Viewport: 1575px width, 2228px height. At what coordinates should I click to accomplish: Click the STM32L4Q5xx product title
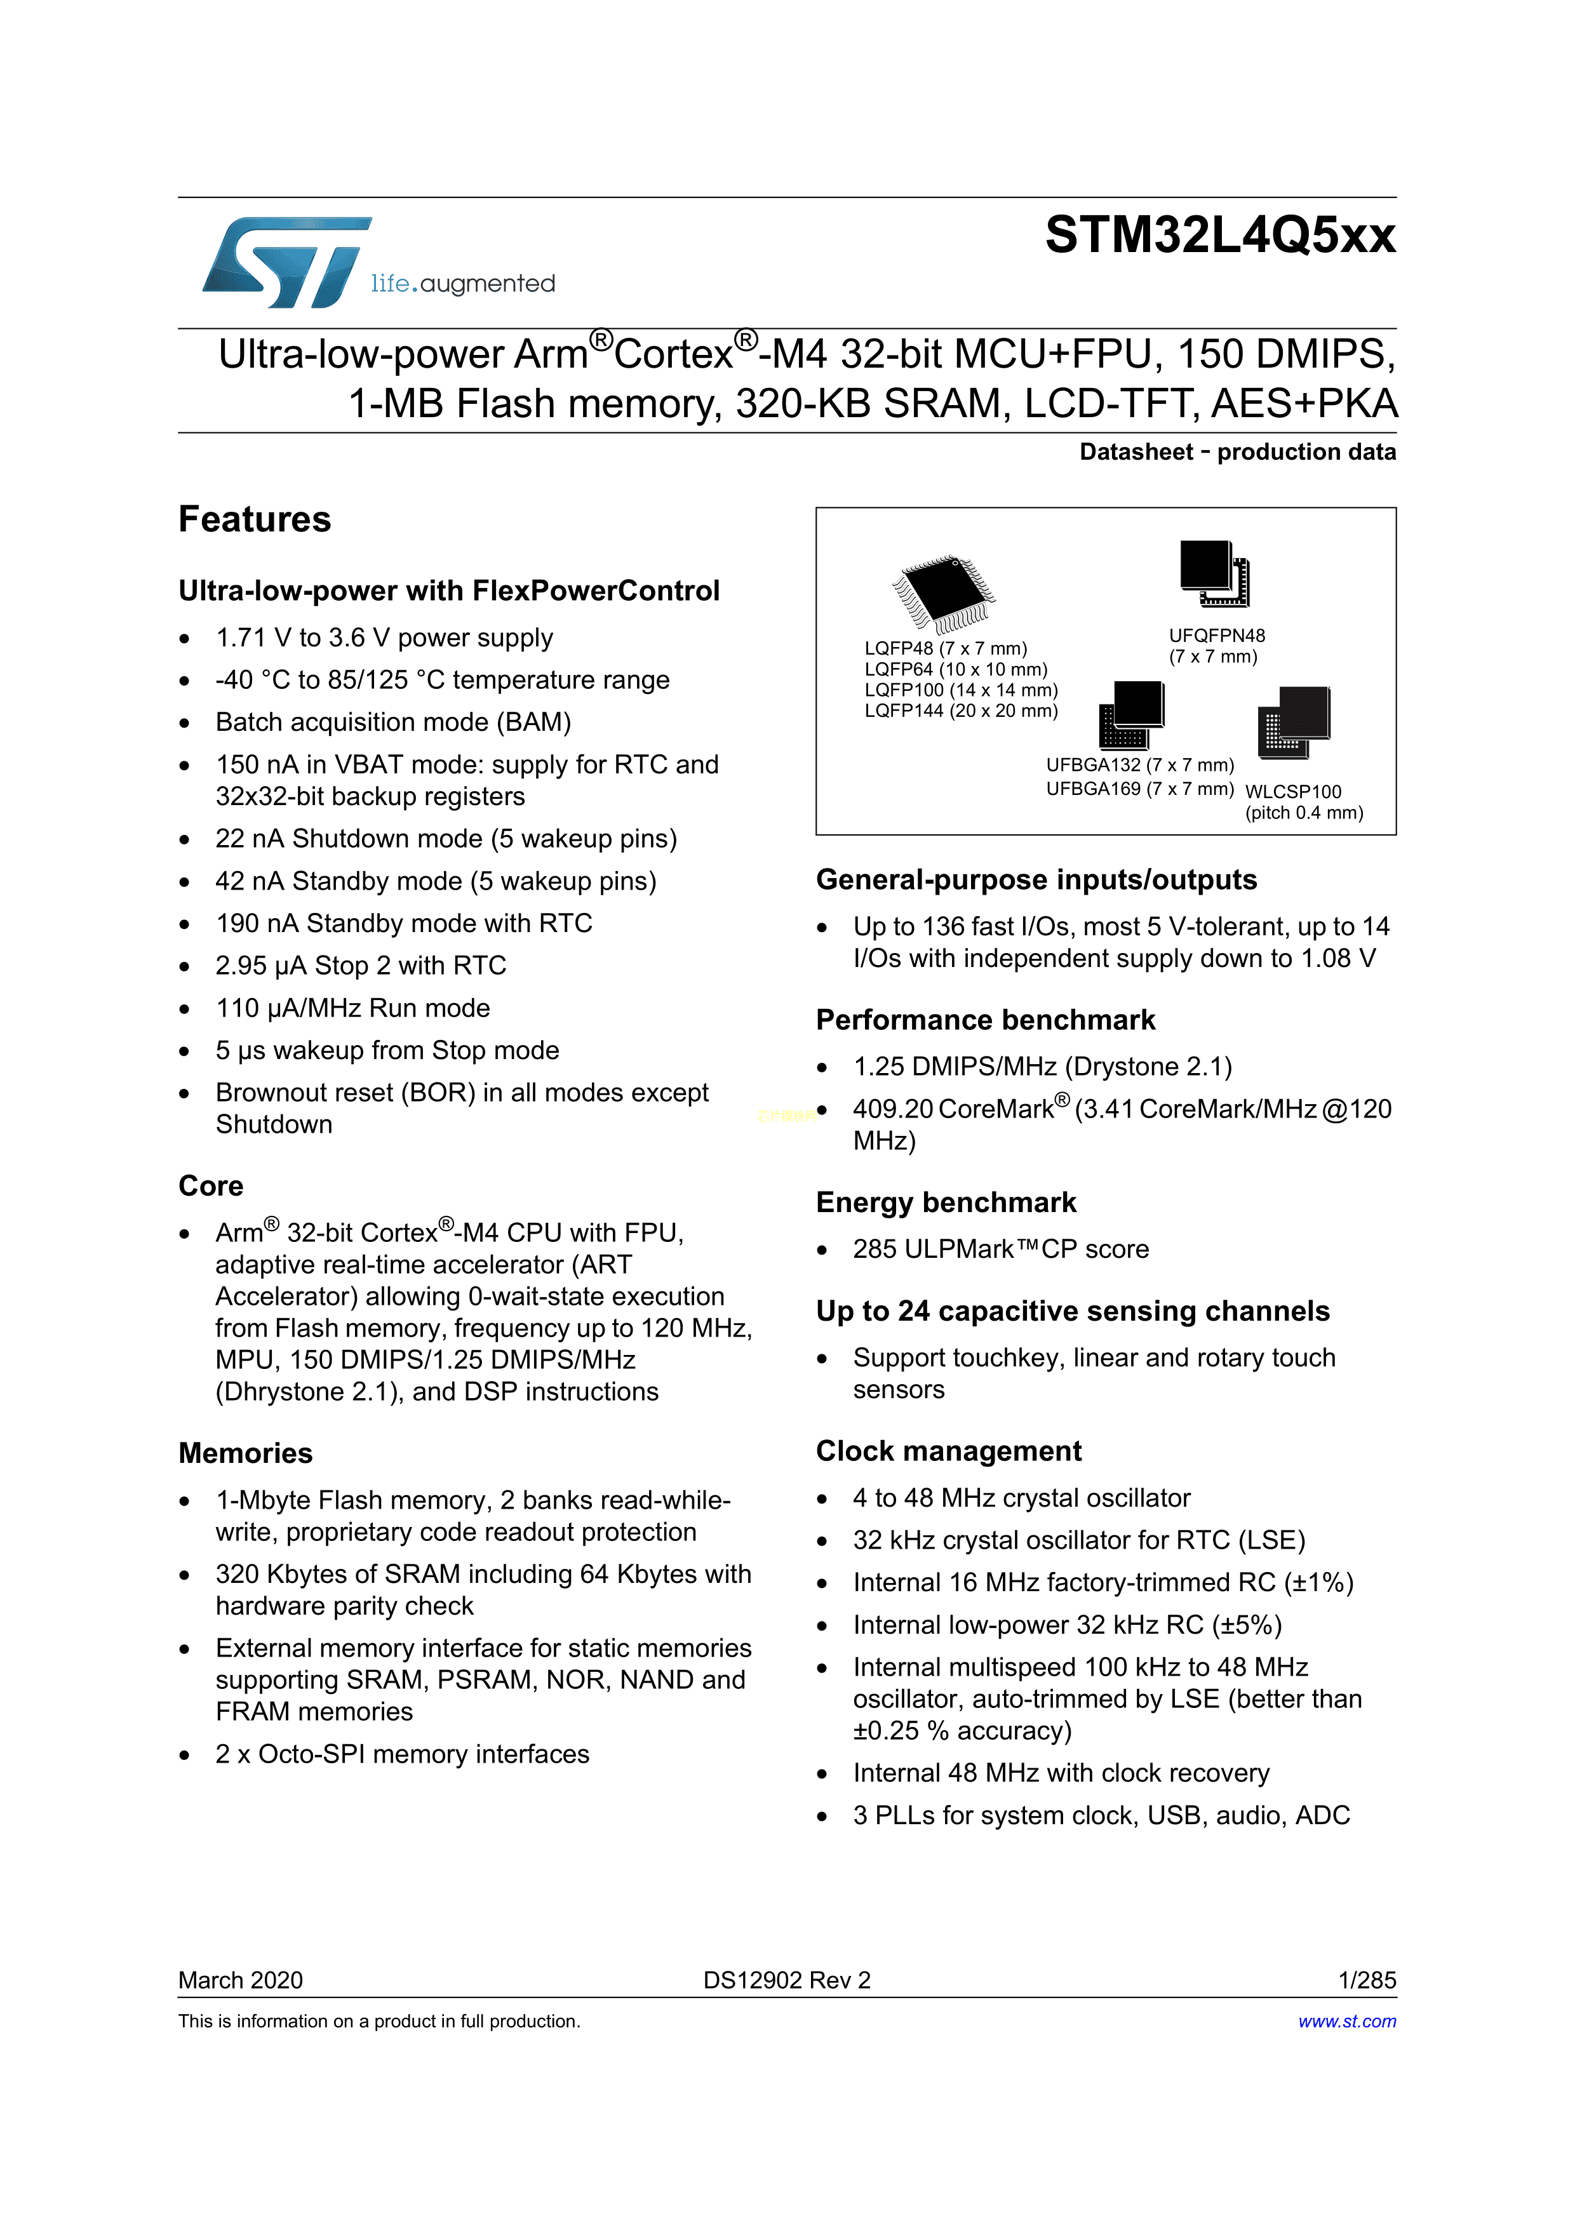(1220, 236)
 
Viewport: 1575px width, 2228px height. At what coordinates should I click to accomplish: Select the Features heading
(254, 520)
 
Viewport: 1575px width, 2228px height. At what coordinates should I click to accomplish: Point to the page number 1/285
(1366, 1980)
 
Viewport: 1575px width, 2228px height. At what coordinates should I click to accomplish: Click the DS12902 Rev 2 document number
(786, 1980)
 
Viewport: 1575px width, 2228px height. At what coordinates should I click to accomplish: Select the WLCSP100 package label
(1292, 792)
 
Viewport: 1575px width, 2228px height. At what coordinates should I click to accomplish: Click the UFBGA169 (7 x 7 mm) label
(1139, 789)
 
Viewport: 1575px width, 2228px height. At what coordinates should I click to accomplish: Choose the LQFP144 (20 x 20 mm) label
(961, 711)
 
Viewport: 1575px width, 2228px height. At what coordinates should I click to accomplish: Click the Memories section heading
(246, 1453)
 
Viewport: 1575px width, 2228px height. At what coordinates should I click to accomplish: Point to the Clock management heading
(948, 1451)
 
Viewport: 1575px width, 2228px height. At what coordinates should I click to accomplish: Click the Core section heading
(211, 1186)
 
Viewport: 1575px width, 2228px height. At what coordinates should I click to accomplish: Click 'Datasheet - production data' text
(1237, 452)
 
